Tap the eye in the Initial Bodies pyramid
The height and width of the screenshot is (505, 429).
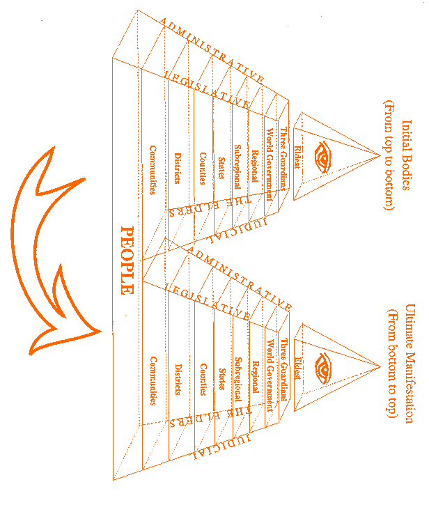323,156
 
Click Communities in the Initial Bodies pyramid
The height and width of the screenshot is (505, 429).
153,169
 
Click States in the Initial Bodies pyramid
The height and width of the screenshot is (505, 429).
221,167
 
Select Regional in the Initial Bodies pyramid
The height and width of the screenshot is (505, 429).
255,166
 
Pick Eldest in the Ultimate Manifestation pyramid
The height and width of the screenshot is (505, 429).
298,368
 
